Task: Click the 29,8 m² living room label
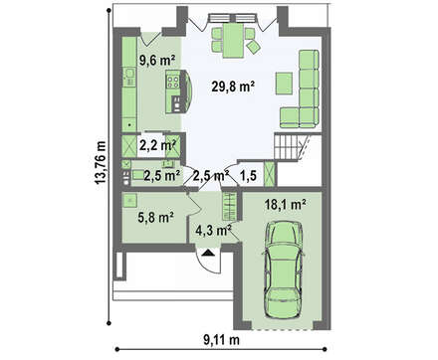(x=233, y=87)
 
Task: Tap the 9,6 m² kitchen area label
(x=157, y=61)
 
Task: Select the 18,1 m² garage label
(x=285, y=205)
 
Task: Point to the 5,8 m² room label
(x=155, y=218)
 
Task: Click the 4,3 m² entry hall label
(x=213, y=230)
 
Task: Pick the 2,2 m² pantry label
(x=157, y=145)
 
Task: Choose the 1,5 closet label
(x=249, y=176)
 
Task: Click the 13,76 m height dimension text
(x=101, y=162)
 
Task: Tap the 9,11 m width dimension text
(x=221, y=340)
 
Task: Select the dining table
(x=233, y=40)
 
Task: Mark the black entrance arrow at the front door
(x=208, y=253)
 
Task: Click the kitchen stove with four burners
(x=173, y=82)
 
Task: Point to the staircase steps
(x=287, y=147)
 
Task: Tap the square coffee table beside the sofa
(x=284, y=84)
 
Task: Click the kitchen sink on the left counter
(x=129, y=73)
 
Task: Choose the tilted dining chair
(x=254, y=47)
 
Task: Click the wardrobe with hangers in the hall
(x=229, y=206)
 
